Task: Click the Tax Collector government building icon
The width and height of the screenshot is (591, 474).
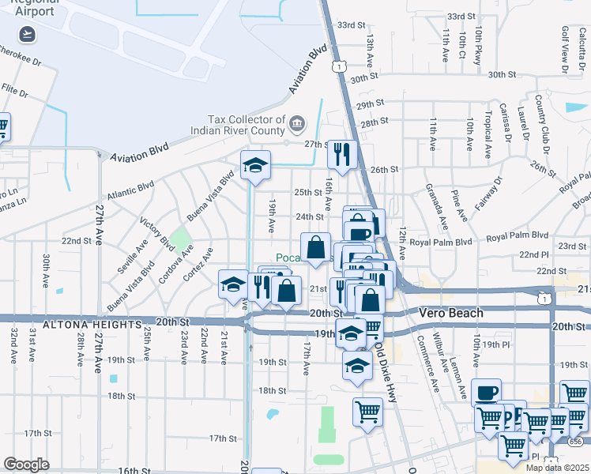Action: point(297,122)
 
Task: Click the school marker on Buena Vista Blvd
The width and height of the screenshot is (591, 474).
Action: point(255,165)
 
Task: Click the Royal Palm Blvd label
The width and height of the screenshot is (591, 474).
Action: point(518,236)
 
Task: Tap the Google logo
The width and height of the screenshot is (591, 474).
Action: point(26,465)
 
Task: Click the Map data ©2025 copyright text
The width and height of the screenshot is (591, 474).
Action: point(558,468)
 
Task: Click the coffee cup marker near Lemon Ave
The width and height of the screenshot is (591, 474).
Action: point(486,392)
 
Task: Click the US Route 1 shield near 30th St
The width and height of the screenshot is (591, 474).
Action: point(338,68)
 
